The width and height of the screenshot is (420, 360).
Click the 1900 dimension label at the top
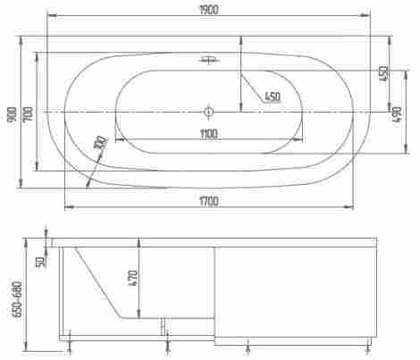(209, 10)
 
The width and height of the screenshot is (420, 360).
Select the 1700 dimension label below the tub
(209, 202)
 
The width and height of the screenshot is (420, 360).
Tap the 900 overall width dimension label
(13, 114)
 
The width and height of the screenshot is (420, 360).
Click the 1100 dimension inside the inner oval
(209, 134)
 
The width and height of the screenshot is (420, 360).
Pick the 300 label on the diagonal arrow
(100, 143)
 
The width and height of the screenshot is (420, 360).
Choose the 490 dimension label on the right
(398, 114)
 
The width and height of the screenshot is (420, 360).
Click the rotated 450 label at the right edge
(382, 74)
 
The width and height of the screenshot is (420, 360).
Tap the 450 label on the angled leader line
(273, 96)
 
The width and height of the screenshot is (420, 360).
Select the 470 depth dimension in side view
(133, 279)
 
